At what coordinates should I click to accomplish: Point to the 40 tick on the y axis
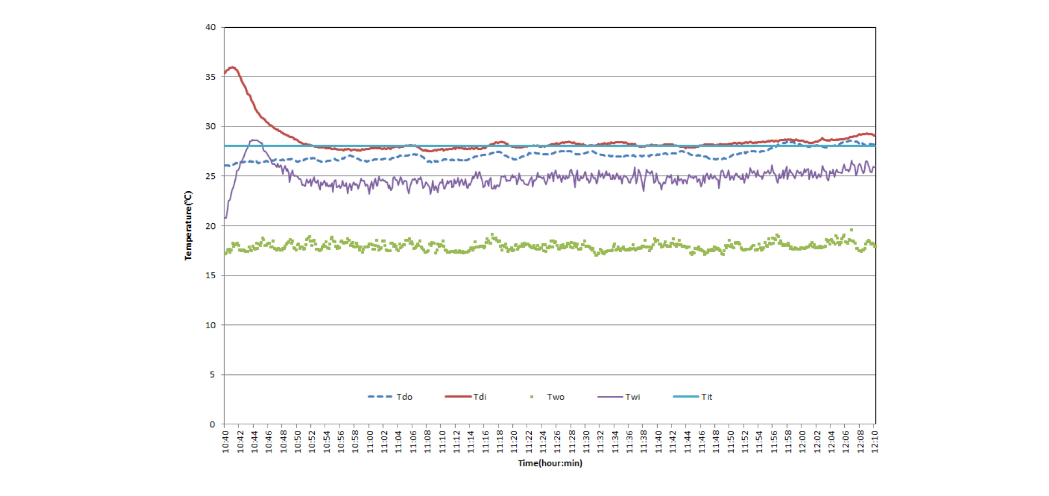(210, 27)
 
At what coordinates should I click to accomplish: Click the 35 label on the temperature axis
(210, 77)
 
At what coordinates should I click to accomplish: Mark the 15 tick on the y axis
(210, 275)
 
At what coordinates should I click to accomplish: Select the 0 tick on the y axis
(212, 424)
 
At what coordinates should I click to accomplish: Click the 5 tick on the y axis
(212, 375)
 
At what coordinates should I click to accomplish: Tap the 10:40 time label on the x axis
(225, 442)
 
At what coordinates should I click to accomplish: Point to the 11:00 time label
(370, 442)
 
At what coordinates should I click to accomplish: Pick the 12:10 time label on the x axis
(875, 442)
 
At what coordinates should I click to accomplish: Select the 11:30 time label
(586, 442)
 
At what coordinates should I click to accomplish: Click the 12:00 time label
(803, 442)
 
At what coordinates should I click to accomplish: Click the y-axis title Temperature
(188, 225)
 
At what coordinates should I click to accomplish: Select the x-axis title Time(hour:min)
(550, 463)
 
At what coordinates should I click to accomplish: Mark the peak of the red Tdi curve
(233, 68)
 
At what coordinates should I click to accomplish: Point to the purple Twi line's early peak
(254, 141)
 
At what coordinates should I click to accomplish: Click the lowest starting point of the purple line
(225, 218)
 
